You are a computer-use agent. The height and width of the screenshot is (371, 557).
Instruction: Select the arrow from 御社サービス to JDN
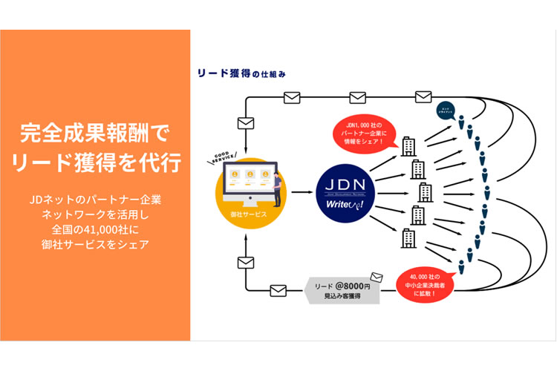point(302,192)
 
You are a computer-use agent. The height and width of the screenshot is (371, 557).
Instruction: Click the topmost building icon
point(409,145)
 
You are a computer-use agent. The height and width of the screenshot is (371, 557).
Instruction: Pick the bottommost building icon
point(409,238)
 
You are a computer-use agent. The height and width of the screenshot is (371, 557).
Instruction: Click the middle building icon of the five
point(425,192)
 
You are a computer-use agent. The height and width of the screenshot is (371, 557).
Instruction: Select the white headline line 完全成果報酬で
point(95,134)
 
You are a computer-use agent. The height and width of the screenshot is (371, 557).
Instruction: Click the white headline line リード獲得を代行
point(96,162)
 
